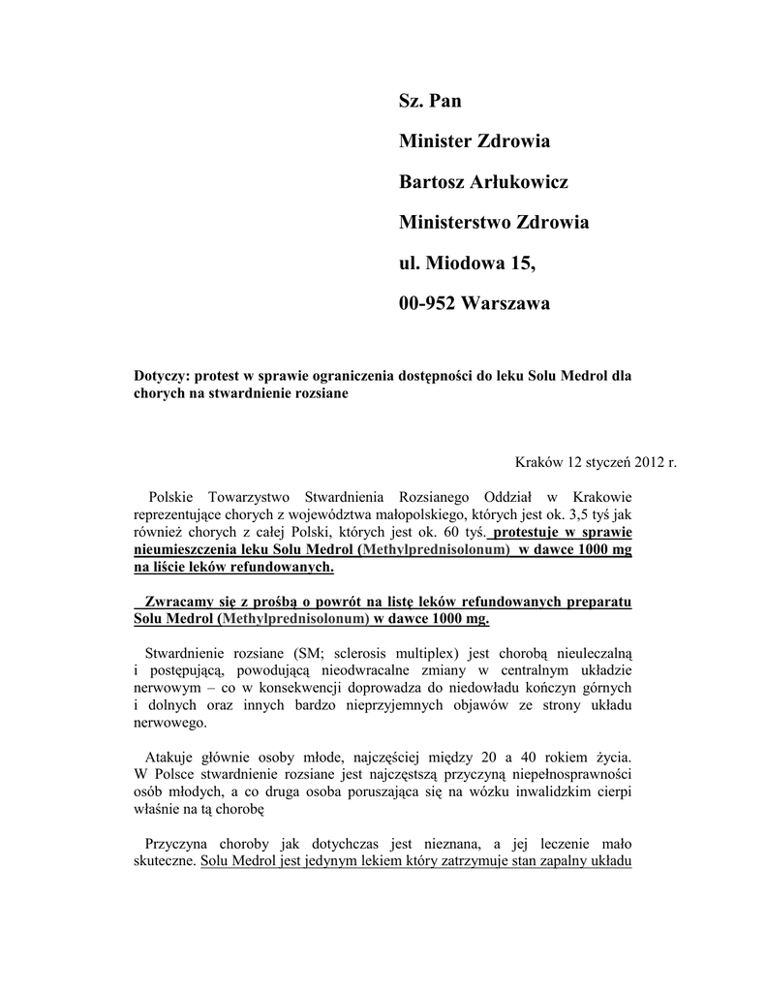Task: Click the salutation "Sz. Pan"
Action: click(430, 101)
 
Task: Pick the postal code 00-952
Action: click(427, 304)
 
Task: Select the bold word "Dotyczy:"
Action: click(161, 376)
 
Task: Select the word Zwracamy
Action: click(176, 601)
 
